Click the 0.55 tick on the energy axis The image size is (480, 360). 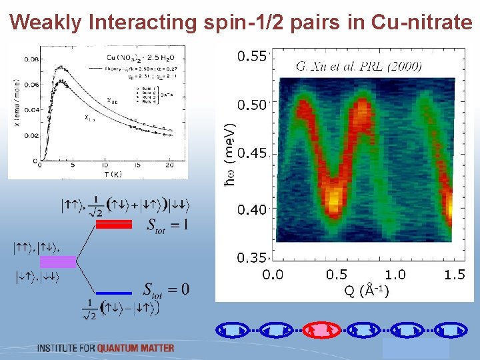click(252, 56)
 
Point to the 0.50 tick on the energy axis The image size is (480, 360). click(252, 105)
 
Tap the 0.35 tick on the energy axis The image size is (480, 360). click(252, 257)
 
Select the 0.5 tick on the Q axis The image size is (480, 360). click(337, 275)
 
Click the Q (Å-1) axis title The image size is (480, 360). click(366, 291)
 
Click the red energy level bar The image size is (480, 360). click(114, 225)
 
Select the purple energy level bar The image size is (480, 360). click(58, 261)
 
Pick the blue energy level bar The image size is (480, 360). click(114, 293)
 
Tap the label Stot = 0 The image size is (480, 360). click(166, 290)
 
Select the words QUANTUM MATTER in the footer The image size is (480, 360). click(135, 348)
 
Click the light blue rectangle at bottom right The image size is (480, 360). click(415, 349)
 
